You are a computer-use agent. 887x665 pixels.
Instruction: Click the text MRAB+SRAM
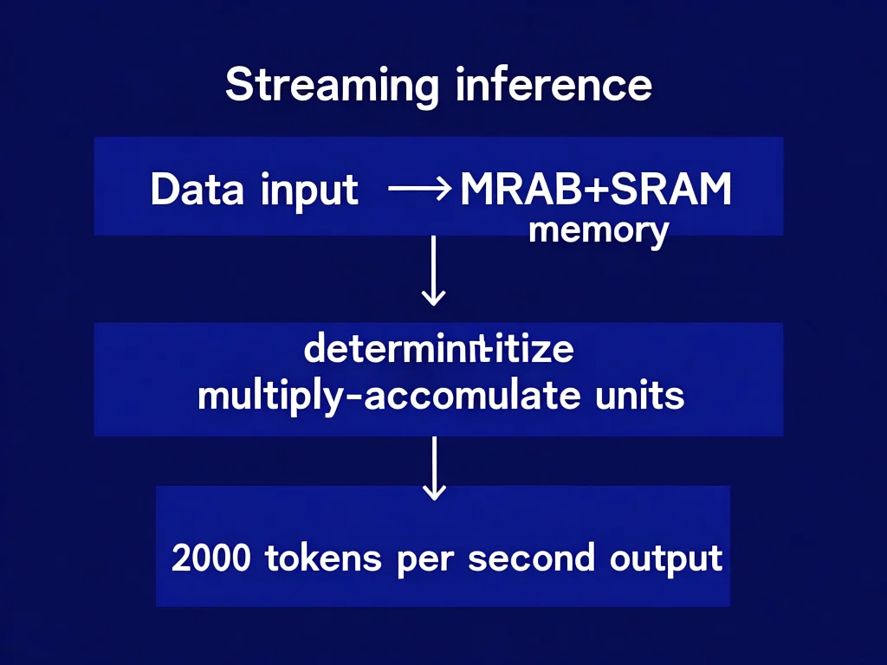[x=596, y=190]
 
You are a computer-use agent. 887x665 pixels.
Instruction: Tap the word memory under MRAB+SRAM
[x=599, y=231]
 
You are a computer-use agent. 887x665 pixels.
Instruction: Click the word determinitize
[x=438, y=352]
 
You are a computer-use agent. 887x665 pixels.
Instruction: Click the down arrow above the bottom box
[x=433, y=468]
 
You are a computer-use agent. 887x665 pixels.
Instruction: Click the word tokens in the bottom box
[x=322, y=558]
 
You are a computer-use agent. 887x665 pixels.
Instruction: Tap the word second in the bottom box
[x=531, y=558]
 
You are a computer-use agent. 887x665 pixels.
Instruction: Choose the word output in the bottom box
[x=665, y=558]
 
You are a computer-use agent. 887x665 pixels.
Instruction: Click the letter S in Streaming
[x=237, y=86]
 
